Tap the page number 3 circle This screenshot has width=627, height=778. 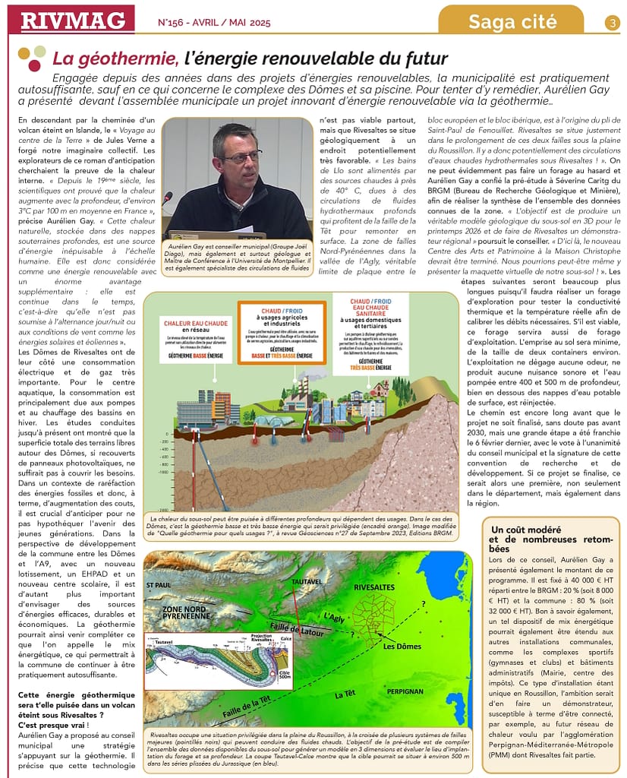[613, 23]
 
